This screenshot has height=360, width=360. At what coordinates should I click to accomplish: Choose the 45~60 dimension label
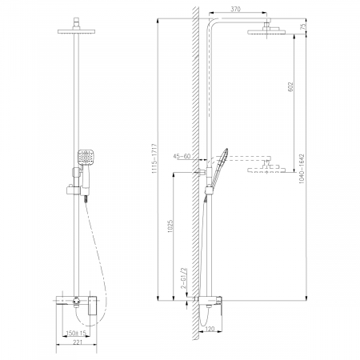pyautogui.click(x=182, y=156)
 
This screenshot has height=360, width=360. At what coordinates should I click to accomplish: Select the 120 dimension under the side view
pyautogui.click(x=209, y=327)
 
